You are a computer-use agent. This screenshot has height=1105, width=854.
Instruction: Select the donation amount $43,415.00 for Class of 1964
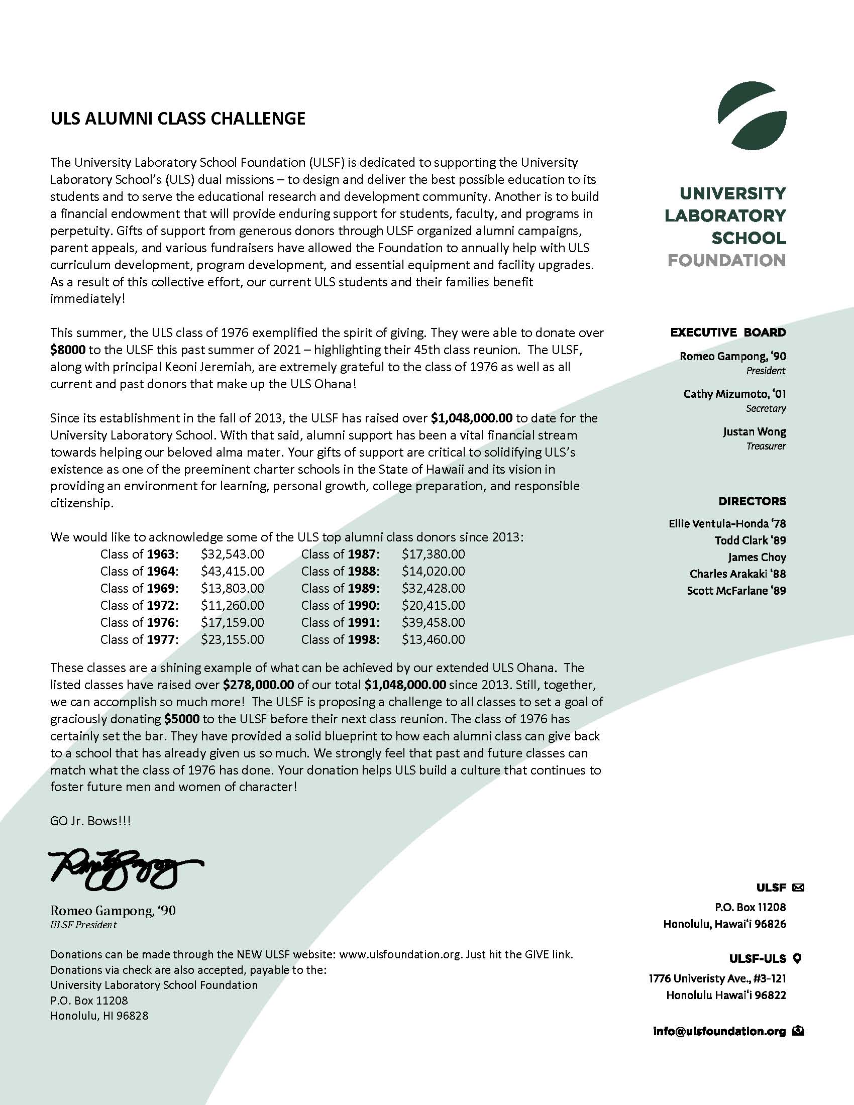pos(232,571)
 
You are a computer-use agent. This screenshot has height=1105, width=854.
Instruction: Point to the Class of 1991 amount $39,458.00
pos(433,622)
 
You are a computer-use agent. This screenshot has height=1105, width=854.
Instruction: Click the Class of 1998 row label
pos(340,639)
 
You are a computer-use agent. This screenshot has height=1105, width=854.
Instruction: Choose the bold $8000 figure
pos(68,350)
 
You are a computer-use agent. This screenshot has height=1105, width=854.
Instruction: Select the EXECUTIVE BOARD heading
pos(728,333)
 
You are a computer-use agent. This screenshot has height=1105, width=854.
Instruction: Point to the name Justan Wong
pos(755,431)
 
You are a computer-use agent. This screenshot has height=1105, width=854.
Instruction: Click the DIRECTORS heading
pos(753,501)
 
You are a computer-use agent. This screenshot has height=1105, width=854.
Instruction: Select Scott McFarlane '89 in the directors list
pos(736,591)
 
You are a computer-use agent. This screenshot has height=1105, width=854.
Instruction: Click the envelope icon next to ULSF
pos(798,887)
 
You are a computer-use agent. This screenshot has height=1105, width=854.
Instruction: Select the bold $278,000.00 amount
pos(259,685)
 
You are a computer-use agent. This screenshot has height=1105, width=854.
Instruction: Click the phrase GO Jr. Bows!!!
pos(90,821)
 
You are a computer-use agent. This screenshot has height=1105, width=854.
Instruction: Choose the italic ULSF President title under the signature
pos(83,925)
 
